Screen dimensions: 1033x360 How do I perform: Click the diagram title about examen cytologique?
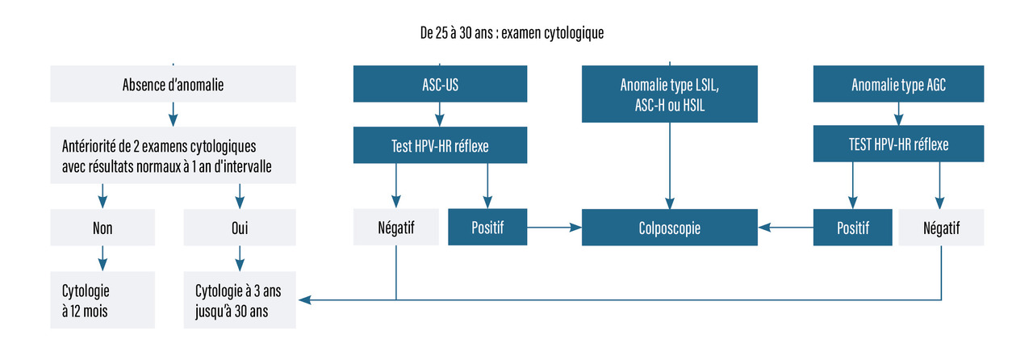pos(512,33)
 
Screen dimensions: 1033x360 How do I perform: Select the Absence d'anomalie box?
pos(173,83)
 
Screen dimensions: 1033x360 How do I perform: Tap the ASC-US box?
pos(440,83)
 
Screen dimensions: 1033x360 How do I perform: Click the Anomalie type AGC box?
pos(898,83)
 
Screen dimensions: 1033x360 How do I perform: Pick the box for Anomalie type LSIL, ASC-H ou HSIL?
pos(670,94)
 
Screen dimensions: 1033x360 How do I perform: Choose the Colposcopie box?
pos(670,227)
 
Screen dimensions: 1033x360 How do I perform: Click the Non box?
pos(102,227)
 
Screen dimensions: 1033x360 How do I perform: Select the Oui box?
pos(240,227)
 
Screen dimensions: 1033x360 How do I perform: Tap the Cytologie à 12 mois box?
pos(102,300)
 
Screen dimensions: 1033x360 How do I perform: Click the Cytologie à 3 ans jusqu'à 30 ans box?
pos(240,300)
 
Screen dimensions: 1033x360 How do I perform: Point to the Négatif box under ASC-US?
pos(395,227)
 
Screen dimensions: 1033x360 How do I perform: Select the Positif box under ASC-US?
pos(487,227)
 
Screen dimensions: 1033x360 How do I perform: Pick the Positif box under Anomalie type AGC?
pos(853,227)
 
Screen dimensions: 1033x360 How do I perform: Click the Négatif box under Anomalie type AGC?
pos(941,227)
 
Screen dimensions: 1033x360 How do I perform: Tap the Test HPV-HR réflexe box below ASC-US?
pos(440,145)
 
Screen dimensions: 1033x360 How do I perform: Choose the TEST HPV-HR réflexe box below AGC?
pos(898,144)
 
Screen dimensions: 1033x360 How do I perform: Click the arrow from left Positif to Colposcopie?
pos(554,227)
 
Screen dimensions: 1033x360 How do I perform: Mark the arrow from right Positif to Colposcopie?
pos(785,227)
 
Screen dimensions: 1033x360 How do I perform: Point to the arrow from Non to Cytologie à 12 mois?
pos(102,258)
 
